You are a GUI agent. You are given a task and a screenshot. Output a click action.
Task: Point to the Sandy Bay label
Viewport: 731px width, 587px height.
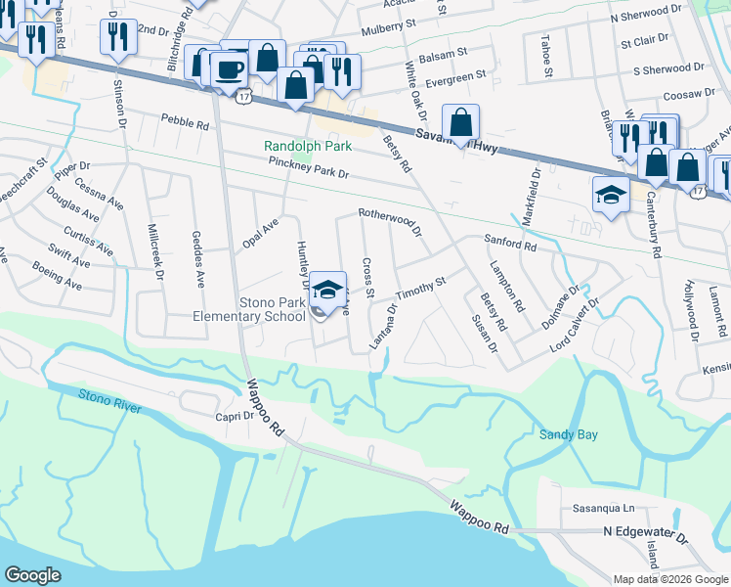click(x=568, y=434)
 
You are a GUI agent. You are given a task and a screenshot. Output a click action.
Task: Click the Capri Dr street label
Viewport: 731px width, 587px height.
click(x=235, y=415)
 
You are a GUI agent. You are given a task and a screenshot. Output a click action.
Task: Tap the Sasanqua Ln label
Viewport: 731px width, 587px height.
click(x=603, y=509)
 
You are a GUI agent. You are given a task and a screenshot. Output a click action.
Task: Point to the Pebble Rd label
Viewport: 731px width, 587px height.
click(x=185, y=125)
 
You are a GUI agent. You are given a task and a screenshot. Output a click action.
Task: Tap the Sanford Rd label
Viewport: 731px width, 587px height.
click(x=511, y=241)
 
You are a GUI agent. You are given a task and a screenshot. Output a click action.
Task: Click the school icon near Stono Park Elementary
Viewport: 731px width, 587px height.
click(x=327, y=290)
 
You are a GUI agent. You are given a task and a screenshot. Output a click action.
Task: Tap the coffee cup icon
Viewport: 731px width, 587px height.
click(x=230, y=69)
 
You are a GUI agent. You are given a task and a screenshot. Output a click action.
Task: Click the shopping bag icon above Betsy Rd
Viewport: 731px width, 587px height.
click(x=461, y=123)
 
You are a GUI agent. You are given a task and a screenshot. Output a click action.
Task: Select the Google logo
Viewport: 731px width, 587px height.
click(x=33, y=575)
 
